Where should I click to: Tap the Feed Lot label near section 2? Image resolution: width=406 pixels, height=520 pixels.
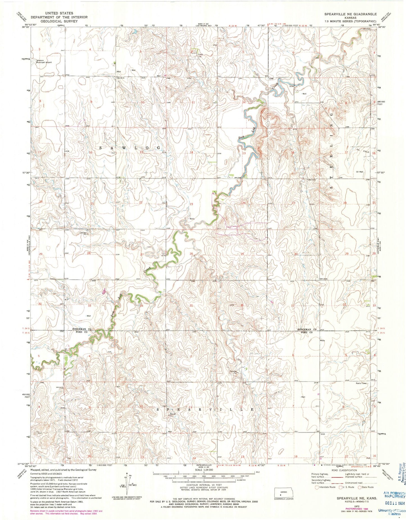coord(200,55)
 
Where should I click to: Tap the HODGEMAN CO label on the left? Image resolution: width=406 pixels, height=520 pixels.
coord(83,329)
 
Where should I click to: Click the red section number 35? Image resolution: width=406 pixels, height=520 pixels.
coord(191,305)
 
